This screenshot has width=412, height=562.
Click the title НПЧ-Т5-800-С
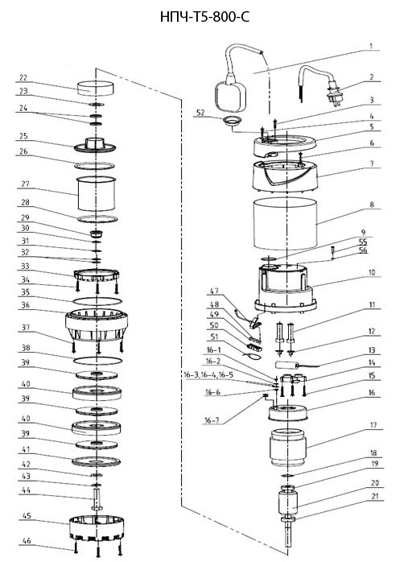(204, 16)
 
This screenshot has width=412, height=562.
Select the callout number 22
(23, 78)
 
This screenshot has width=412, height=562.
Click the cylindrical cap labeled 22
(96, 88)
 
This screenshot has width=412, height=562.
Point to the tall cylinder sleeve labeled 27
(97, 193)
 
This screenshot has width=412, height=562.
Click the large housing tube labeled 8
(286, 224)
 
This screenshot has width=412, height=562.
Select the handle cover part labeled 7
(286, 176)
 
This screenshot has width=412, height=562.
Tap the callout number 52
(200, 113)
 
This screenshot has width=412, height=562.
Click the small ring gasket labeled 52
(231, 121)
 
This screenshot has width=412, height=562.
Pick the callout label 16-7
(212, 419)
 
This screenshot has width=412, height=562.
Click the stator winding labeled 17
(288, 448)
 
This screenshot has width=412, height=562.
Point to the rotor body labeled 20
(288, 502)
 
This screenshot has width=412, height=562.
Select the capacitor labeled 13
(286, 365)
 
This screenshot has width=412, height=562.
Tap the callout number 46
(27, 540)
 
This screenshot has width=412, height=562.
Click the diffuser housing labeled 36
(97, 324)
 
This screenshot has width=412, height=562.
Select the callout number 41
(26, 449)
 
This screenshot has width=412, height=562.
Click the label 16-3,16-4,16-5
(208, 374)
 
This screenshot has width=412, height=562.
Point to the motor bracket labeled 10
(286, 287)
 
